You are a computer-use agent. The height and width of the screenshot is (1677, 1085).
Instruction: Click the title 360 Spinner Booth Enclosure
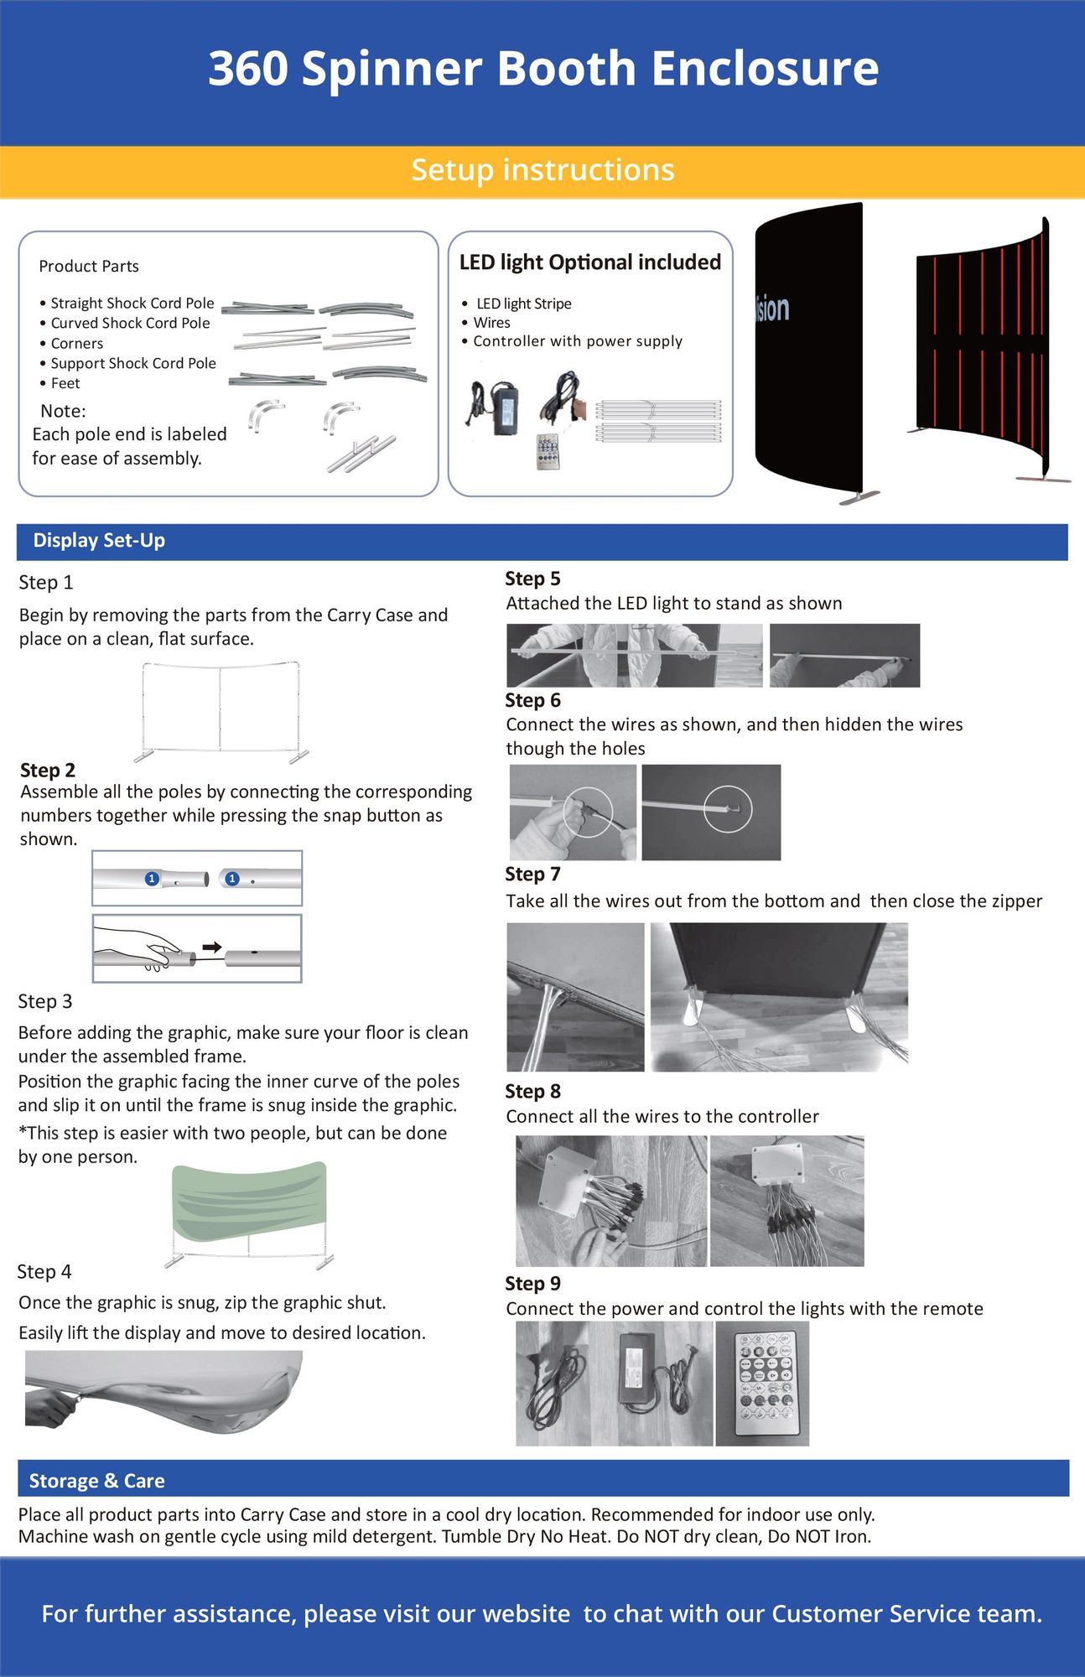(x=542, y=69)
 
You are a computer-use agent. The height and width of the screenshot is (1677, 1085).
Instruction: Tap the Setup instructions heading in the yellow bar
(x=542, y=170)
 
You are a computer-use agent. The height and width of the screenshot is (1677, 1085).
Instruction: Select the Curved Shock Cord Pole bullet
(x=130, y=324)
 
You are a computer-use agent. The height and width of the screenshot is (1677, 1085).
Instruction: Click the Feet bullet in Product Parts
(x=65, y=384)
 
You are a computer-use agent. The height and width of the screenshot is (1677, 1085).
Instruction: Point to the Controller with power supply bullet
(x=577, y=341)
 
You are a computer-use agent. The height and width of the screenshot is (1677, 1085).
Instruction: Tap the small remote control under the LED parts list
(x=548, y=451)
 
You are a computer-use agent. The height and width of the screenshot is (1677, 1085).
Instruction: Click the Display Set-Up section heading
(x=99, y=541)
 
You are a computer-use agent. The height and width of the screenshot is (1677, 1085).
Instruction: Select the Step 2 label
(x=48, y=770)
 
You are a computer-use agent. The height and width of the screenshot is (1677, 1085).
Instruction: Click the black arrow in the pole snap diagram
(x=212, y=948)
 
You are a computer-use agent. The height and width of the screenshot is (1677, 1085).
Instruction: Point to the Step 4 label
(x=44, y=1272)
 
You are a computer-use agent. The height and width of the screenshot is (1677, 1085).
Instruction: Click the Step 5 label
(x=532, y=579)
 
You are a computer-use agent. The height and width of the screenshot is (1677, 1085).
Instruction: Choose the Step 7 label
(x=532, y=874)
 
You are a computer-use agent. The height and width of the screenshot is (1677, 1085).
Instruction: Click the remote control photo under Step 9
(x=762, y=1383)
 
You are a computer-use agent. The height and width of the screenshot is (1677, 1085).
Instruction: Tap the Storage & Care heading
(x=96, y=1481)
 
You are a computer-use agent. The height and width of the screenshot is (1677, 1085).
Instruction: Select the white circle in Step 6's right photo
(x=728, y=810)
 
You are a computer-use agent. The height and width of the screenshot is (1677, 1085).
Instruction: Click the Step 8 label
(x=532, y=1091)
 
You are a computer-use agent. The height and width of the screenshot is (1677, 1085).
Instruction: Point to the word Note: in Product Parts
(x=63, y=411)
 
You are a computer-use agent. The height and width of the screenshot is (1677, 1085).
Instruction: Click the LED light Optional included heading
(x=589, y=262)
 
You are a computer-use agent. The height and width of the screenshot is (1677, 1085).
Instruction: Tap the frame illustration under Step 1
(x=221, y=711)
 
